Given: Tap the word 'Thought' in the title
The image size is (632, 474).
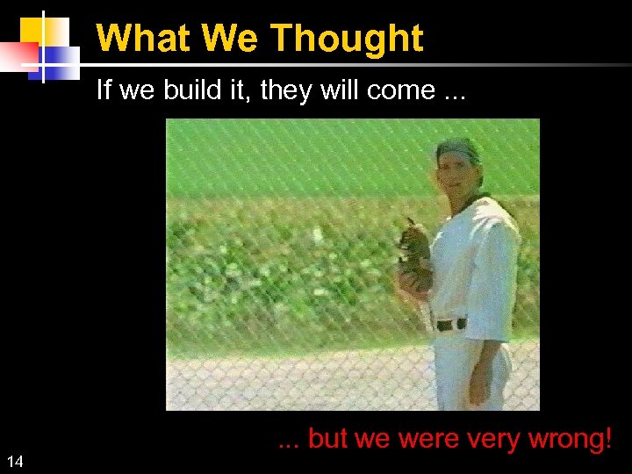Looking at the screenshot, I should tap(346, 39).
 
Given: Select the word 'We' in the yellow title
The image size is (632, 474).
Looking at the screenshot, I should tap(232, 39).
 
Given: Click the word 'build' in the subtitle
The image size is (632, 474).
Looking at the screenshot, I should tap(191, 90).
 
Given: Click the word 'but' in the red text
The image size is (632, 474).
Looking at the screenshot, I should tap(328, 439).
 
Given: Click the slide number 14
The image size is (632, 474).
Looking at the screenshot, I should tap(15, 462).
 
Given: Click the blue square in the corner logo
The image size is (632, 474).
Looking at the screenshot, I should tap(60, 61).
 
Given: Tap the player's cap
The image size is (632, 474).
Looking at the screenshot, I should tap(458, 150).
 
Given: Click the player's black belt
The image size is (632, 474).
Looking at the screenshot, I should tap(451, 324).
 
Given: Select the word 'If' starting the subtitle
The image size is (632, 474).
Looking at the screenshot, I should tap(103, 90).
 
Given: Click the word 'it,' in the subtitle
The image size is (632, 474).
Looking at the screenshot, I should tap(235, 90).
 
